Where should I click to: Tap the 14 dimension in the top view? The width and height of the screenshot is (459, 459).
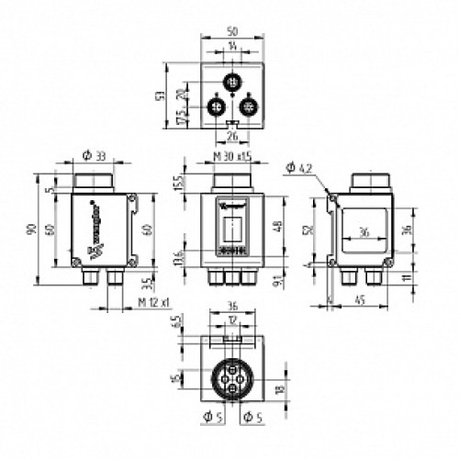tap(233, 45)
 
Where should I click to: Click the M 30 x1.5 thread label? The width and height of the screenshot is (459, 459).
tap(232, 157)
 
